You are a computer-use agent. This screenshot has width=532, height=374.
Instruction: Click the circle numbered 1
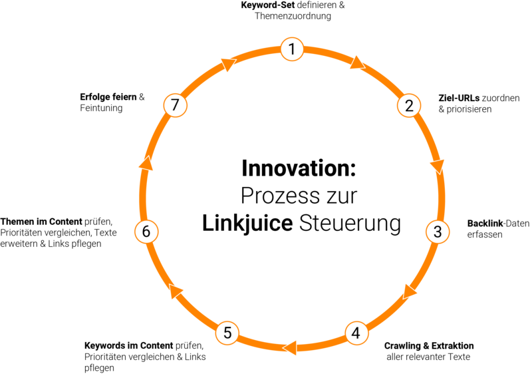292,49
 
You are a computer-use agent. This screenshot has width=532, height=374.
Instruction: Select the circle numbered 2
409,106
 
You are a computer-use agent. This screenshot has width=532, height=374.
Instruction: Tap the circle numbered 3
438,232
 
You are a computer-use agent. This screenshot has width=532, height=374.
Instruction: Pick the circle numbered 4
356,333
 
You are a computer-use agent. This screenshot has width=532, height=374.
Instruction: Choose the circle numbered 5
227,333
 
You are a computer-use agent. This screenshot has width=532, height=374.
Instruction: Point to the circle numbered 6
146,232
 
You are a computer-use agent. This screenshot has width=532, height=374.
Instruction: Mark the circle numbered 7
175,105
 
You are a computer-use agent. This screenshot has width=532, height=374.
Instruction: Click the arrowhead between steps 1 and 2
358,63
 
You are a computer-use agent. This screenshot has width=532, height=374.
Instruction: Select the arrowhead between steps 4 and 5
290,348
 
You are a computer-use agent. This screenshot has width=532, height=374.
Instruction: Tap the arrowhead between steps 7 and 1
228,64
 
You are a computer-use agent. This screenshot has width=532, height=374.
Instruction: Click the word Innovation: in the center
299,168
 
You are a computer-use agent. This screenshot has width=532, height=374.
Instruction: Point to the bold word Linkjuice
247,224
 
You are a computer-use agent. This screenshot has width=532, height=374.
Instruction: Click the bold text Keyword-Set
268,5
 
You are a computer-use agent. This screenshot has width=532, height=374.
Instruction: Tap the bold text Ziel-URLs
459,98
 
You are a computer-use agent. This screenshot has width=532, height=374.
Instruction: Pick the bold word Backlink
485,224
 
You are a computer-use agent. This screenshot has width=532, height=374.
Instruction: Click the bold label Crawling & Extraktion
429,346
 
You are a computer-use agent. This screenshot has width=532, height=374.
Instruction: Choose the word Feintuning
101,108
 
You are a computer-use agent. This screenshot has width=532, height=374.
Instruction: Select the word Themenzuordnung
293,16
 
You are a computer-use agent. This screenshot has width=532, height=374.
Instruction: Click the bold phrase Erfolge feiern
108,97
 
